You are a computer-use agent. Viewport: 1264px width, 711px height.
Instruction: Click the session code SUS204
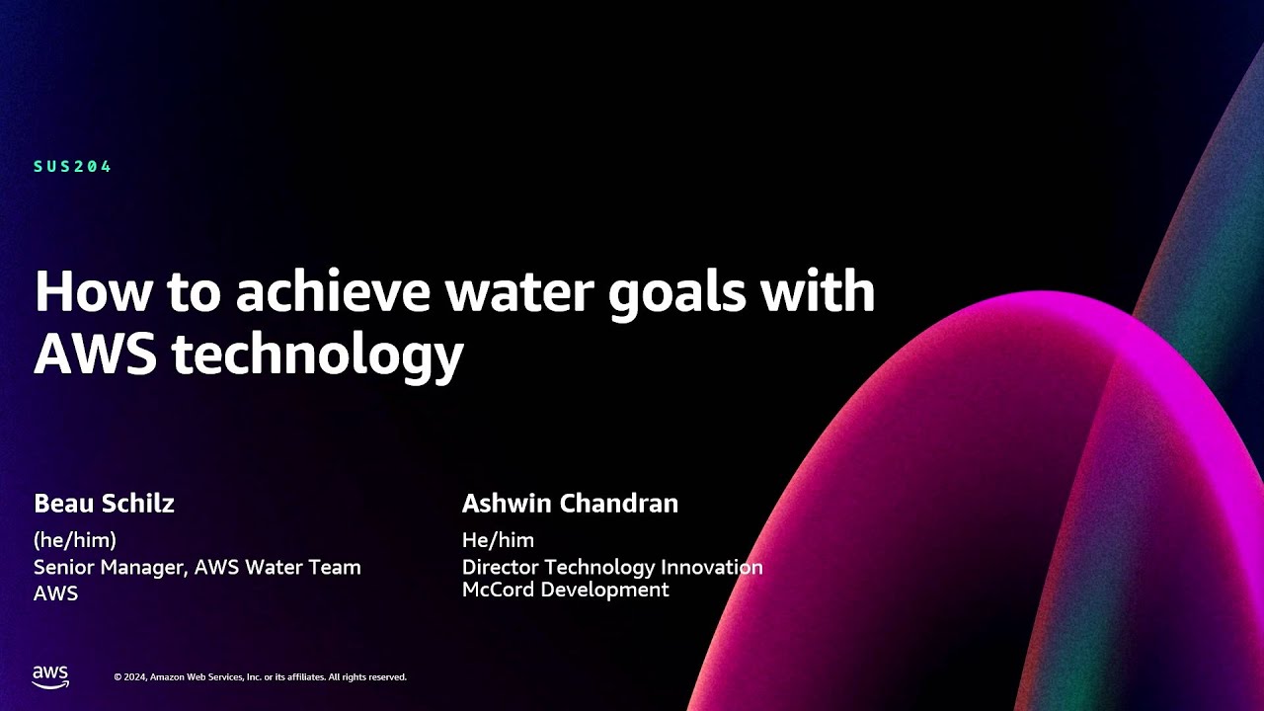(72, 167)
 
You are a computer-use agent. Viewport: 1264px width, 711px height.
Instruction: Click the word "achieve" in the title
(333, 291)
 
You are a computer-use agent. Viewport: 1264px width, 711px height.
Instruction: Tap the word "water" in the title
(520, 293)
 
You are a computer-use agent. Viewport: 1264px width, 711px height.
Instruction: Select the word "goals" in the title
(677, 295)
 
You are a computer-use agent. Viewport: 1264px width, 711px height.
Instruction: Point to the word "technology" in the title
(318, 356)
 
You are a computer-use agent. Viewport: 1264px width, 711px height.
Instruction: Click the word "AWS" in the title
(96, 354)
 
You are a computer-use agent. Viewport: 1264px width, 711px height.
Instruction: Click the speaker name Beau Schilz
(105, 503)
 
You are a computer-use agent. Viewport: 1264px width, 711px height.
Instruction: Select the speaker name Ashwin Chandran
(570, 503)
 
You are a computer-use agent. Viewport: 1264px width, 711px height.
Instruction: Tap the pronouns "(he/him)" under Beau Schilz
(75, 540)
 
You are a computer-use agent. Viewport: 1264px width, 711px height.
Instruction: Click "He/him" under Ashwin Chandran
(499, 540)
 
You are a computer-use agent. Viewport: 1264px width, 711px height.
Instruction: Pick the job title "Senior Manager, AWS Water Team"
(197, 567)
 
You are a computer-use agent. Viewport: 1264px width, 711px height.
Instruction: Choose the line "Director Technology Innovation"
(612, 567)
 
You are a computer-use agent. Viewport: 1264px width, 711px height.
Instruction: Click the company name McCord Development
(566, 590)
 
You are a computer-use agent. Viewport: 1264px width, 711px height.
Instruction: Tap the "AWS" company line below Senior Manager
(56, 593)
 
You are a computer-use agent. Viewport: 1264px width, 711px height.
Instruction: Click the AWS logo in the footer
(50, 676)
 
